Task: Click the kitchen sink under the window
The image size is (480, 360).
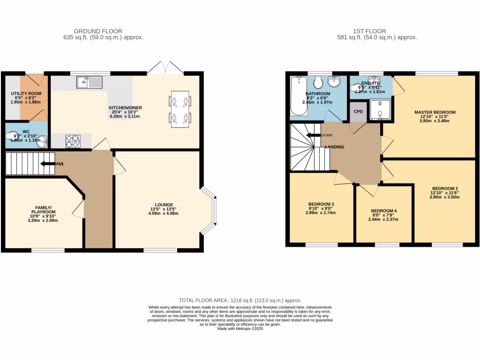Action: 90,82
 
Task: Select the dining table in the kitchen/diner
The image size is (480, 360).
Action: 180,108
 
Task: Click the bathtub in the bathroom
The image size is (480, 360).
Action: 298,96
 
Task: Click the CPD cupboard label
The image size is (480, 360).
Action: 358,112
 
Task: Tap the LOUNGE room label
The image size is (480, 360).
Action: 161,204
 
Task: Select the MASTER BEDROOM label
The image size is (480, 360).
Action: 435,112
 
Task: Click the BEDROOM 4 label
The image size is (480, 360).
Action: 383,210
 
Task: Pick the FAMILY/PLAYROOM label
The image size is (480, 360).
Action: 43,209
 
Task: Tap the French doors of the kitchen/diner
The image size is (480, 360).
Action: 166,68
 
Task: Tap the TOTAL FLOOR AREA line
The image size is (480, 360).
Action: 240,300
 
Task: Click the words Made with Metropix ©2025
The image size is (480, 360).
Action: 240,329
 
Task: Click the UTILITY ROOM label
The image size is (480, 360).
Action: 26,94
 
